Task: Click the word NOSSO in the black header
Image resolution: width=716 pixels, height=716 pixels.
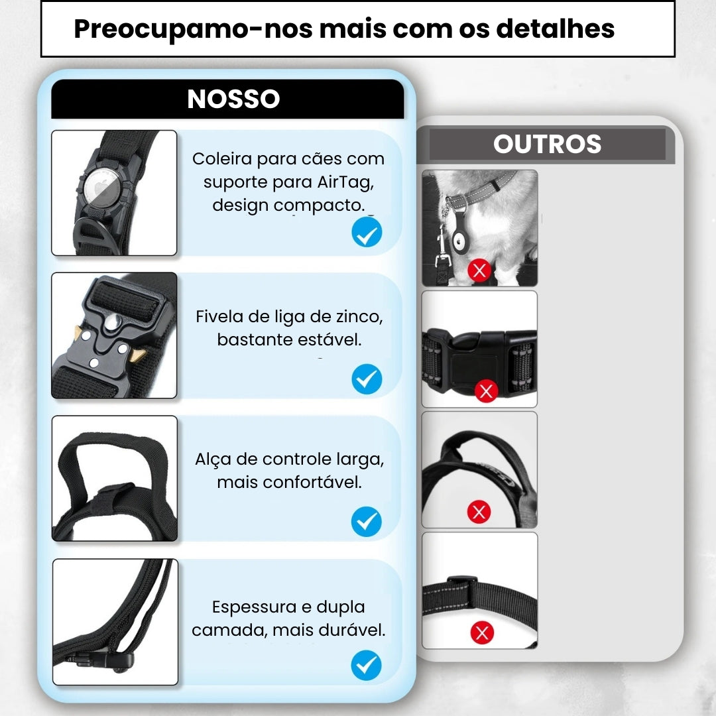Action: (x=233, y=99)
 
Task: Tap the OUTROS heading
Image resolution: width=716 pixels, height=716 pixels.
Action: (x=547, y=144)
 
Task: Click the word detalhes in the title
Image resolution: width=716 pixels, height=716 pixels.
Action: (x=556, y=29)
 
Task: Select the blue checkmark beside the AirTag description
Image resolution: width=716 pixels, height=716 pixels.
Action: (x=367, y=232)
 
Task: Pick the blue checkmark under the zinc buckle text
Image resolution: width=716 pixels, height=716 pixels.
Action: (x=367, y=379)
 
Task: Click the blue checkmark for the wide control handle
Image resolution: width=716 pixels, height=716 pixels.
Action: (x=366, y=522)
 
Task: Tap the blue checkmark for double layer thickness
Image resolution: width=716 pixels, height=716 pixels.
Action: (x=366, y=665)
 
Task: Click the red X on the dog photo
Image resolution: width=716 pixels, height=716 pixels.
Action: (x=479, y=270)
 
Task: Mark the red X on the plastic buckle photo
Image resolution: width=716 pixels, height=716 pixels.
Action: (x=487, y=391)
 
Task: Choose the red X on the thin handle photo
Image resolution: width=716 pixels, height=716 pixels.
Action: (x=479, y=511)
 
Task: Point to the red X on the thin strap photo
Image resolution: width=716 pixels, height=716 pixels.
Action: (x=482, y=632)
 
